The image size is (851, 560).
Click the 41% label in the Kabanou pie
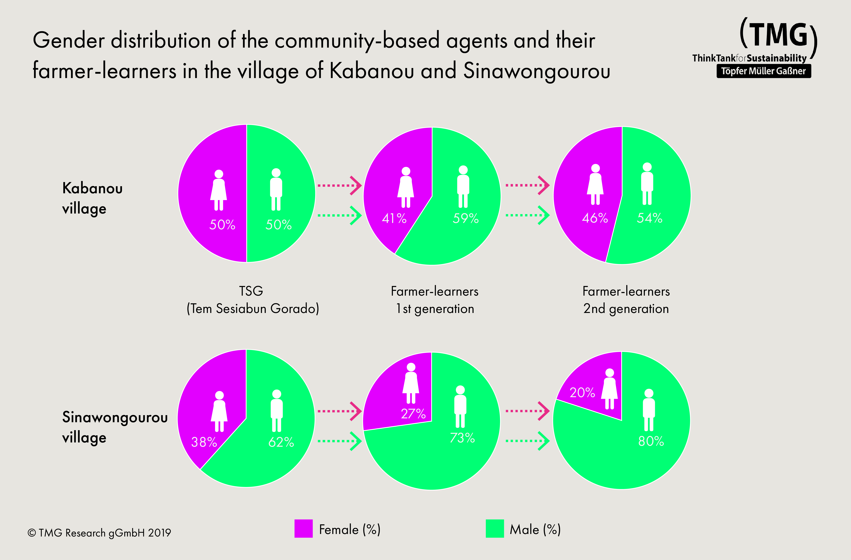click(x=394, y=218)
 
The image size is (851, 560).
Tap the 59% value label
click(x=466, y=218)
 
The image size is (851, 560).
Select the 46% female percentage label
click(x=595, y=218)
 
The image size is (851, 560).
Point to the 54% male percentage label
click(x=650, y=218)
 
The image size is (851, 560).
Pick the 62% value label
click(x=281, y=442)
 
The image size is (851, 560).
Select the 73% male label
click(x=462, y=438)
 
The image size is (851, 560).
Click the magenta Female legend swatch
click(x=303, y=528)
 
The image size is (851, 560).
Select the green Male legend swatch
click(x=494, y=528)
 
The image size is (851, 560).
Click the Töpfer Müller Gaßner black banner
click(x=763, y=71)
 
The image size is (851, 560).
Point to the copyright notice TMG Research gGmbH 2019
click(x=99, y=533)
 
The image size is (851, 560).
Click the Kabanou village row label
click(x=92, y=198)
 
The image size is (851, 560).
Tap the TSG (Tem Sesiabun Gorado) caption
click(x=252, y=300)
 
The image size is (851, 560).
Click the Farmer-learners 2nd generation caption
click(x=626, y=300)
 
